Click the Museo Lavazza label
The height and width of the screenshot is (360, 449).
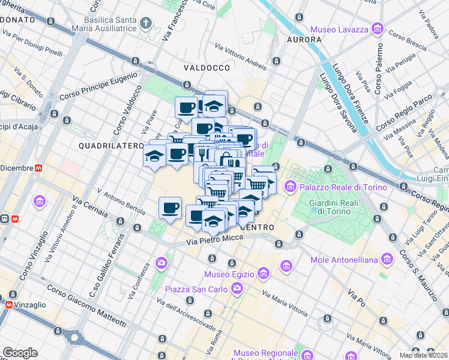click(x=340, y=28)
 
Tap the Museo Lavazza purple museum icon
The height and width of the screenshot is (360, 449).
click(x=377, y=28)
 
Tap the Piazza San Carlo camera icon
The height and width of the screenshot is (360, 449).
click(x=237, y=289)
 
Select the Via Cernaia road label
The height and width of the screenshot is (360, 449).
click(x=89, y=206)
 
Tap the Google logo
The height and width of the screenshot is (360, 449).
click(x=20, y=353)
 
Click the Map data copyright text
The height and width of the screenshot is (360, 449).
click(x=423, y=355)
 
